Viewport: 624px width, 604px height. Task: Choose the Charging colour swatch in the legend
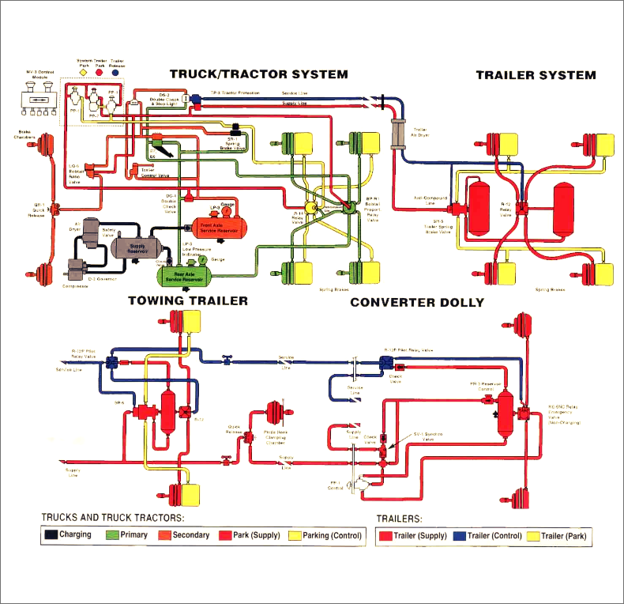51,535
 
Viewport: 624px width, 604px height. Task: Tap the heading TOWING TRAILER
188,301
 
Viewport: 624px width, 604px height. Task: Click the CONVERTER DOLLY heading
417,303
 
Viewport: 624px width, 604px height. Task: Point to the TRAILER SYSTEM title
536,76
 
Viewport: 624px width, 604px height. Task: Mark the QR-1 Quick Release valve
56,210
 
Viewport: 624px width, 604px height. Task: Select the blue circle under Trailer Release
116,71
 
